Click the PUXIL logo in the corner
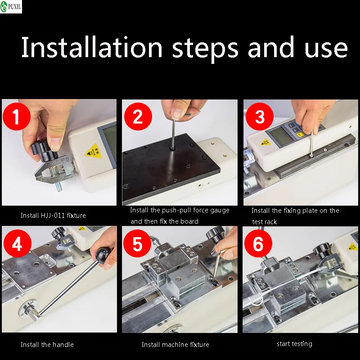11,6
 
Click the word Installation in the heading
92,47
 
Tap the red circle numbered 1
17,117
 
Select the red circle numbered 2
138,117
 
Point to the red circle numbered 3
260,117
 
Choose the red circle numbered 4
18,243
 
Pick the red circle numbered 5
137,243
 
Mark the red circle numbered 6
258,243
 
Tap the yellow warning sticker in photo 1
94,152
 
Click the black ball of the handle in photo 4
103,254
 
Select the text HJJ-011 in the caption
53,216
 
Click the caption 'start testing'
294,344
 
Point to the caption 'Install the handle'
47,344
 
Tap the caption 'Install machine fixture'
175,344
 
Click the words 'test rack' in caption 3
264,221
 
